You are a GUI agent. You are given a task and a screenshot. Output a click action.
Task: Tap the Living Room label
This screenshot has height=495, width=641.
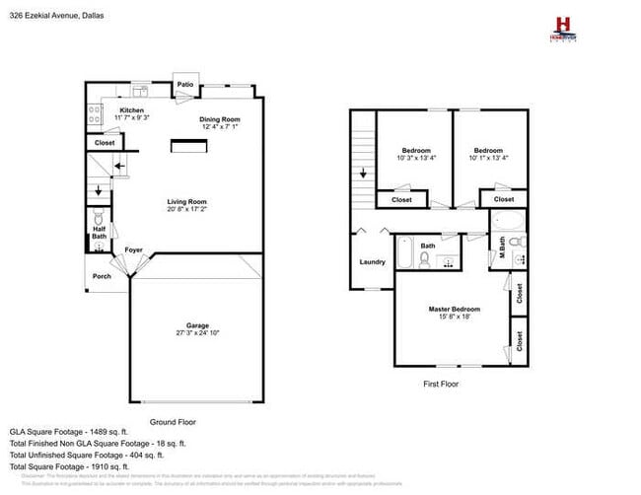(x=186, y=201)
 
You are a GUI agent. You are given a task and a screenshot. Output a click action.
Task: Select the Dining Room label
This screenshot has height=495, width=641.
(x=221, y=118)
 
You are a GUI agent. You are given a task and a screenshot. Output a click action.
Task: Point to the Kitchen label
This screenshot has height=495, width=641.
(x=132, y=109)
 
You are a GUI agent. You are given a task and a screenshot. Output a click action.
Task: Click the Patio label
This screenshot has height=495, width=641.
(x=185, y=85)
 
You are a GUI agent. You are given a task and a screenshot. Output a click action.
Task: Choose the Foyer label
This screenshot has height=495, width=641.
(x=132, y=250)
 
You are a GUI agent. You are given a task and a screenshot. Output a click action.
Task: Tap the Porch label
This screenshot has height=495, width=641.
(x=103, y=275)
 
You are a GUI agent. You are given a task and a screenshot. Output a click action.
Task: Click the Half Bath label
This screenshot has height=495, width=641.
(x=99, y=233)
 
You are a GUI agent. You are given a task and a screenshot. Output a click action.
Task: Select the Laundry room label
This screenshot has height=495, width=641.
(x=372, y=261)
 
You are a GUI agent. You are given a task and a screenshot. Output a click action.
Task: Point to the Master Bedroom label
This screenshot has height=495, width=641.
(x=455, y=309)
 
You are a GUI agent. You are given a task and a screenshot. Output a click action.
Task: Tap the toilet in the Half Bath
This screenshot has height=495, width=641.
(x=99, y=218)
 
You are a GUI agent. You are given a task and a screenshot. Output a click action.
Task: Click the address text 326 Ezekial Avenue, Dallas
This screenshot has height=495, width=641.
(x=58, y=16)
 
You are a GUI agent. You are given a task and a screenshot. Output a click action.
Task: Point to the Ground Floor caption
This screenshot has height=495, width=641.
(x=173, y=422)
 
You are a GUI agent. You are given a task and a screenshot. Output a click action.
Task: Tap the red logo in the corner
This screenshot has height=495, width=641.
(x=563, y=26)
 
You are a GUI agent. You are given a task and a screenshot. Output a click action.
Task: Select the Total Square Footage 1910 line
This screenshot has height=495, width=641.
(x=76, y=466)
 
